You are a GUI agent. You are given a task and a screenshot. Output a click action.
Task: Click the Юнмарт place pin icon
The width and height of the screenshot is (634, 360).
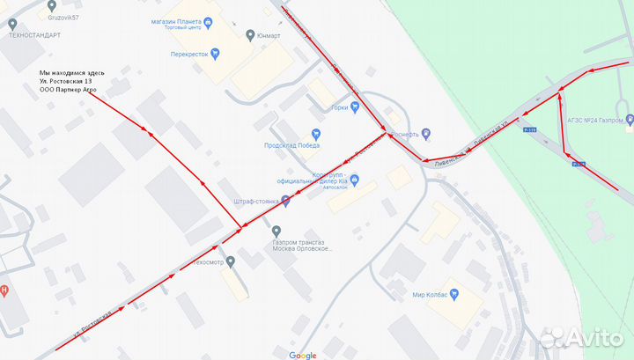click(x=251, y=35)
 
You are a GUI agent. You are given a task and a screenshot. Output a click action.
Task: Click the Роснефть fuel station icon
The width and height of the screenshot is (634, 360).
click(x=426, y=134)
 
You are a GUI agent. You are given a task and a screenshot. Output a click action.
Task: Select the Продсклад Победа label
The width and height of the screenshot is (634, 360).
click(x=291, y=145)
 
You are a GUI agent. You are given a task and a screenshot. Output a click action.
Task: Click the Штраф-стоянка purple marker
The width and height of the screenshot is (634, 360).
click(x=285, y=202)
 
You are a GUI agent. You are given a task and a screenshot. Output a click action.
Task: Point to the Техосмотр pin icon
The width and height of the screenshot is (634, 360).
click(x=230, y=261)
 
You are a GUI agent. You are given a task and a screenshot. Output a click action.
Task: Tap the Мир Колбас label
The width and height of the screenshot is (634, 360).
click(x=430, y=295)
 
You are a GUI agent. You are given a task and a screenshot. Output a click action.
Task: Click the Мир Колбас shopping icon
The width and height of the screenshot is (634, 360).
click(x=454, y=295)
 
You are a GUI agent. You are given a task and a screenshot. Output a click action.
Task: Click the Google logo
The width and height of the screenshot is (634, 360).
click(x=302, y=355)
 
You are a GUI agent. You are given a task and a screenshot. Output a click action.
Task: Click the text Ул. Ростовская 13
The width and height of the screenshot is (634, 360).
click(x=65, y=82)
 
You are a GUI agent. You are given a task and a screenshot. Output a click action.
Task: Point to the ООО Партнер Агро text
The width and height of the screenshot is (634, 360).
click(x=68, y=92)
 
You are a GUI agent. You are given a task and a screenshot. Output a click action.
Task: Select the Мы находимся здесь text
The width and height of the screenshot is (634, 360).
click(x=72, y=72)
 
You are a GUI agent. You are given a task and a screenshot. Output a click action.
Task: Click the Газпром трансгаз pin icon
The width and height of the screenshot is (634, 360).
click(x=276, y=231)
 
